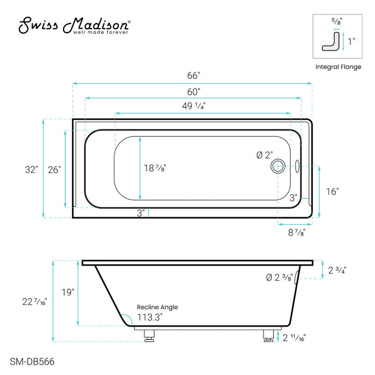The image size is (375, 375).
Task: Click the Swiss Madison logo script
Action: coord(74,25)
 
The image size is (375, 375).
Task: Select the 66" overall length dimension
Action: coord(194,75)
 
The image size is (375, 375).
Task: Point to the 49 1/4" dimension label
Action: coord(194,105)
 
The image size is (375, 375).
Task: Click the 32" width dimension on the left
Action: coord(30,169)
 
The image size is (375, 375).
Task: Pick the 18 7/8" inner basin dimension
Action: coord(155,168)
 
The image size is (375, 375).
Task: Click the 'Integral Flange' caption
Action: coord(339,67)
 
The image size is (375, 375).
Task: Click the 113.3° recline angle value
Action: coord(150,316)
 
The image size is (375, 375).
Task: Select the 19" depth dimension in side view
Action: coord(68,292)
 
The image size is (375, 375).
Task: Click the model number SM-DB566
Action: coord(32,360)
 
